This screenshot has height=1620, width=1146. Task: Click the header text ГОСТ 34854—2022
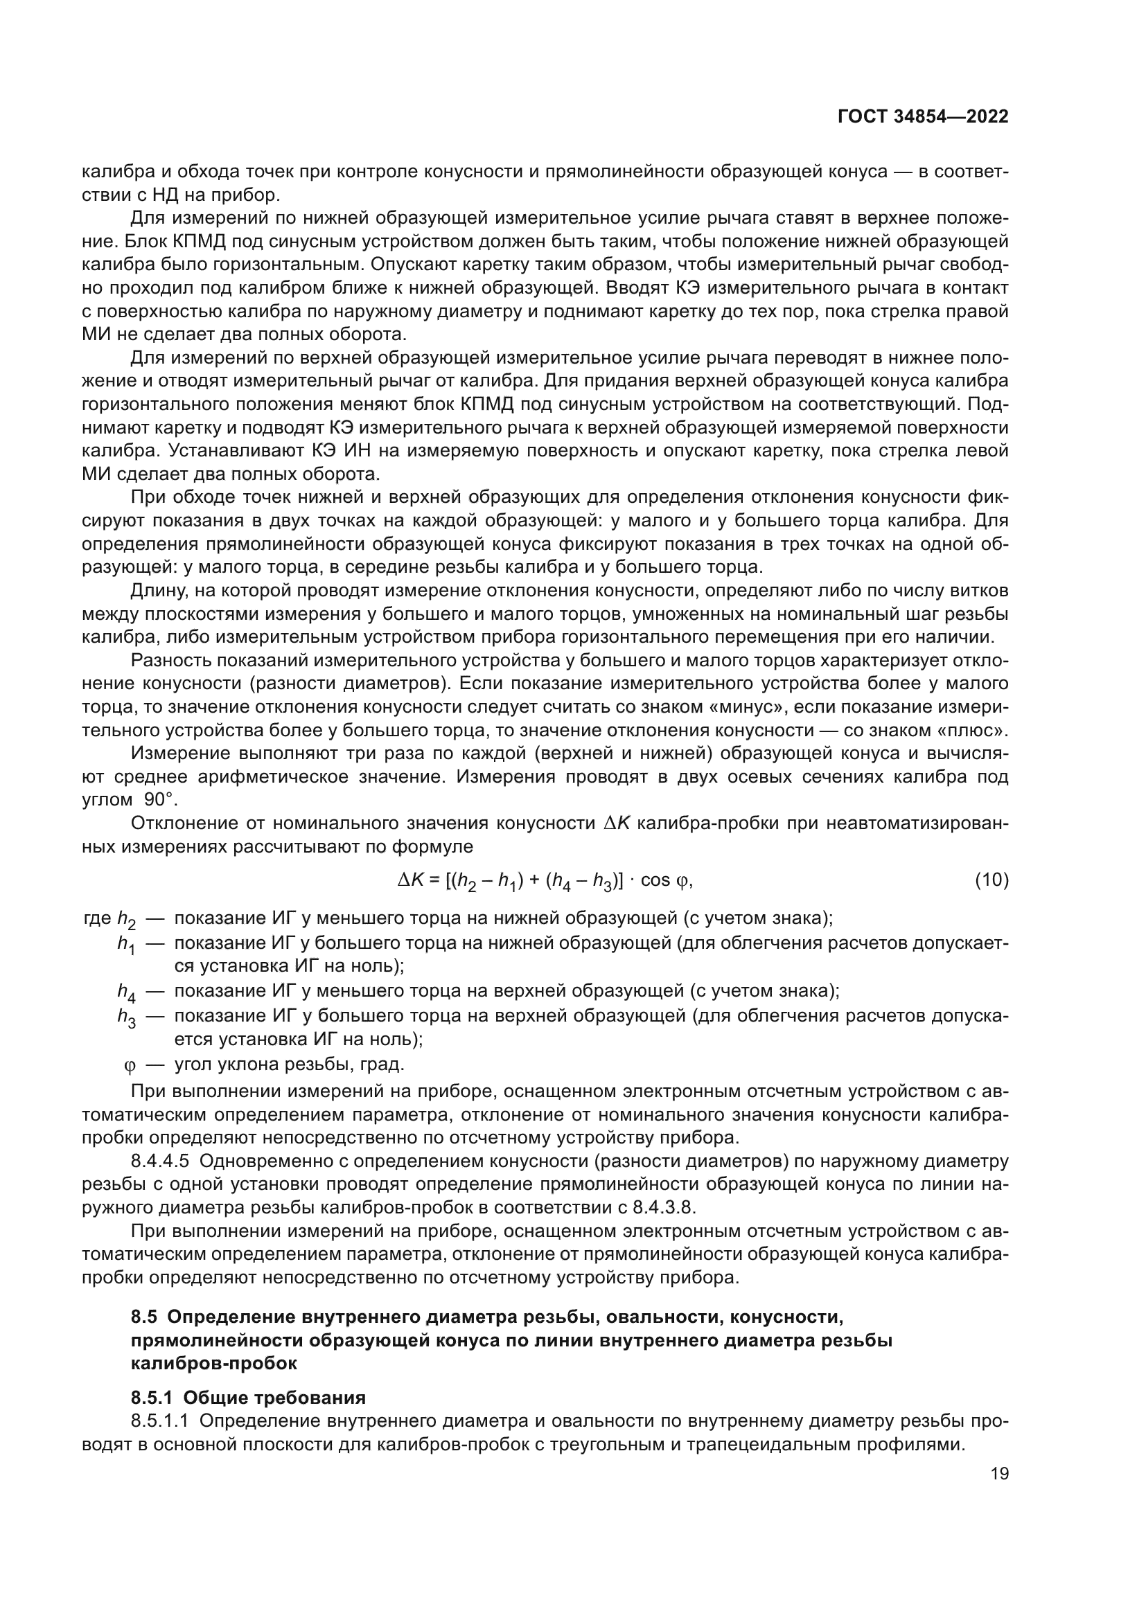(922, 117)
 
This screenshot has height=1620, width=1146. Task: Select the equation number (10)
(991, 880)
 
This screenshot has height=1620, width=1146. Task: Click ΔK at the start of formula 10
(412, 880)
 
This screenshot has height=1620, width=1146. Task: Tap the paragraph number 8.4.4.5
(159, 1161)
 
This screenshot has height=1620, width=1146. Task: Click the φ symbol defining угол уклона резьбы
(128, 1063)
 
